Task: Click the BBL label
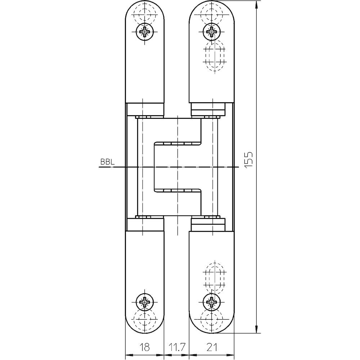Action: [x=107, y=162]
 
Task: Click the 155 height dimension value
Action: [x=248, y=160]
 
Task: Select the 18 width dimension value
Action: [x=145, y=347]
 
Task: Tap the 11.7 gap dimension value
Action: [x=176, y=347]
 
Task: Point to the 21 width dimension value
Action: [x=212, y=347]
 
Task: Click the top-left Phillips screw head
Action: [x=144, y=32]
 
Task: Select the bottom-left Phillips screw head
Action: [x=144, y=301]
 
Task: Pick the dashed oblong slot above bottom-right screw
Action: [x=215, y=278]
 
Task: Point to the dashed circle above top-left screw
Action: [x=145, y=14]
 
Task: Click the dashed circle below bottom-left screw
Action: [x=145, y=319]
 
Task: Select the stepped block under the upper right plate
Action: [x=208, y=109]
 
